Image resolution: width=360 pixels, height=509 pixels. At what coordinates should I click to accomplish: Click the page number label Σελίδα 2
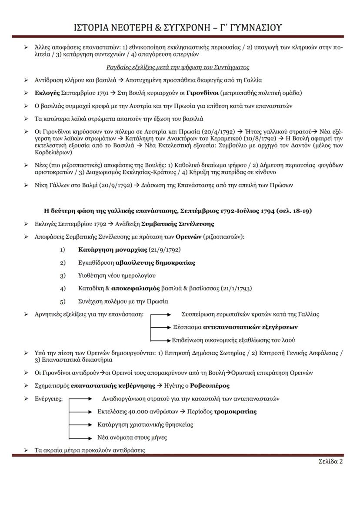328,461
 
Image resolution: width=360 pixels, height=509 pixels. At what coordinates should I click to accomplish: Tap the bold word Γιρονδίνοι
202,93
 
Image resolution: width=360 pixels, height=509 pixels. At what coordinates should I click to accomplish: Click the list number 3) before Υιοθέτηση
63,276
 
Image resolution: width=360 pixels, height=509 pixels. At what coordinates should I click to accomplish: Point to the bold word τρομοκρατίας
235,411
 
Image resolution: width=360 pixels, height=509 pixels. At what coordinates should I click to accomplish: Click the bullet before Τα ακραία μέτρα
26,450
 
